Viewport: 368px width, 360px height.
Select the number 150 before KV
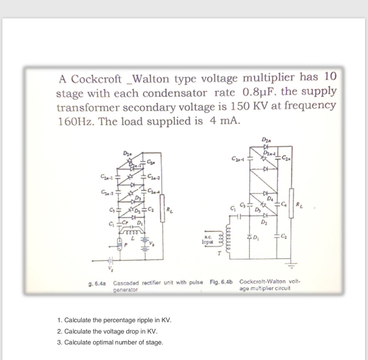(241, 106)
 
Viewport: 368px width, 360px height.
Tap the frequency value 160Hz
(76, 121)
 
